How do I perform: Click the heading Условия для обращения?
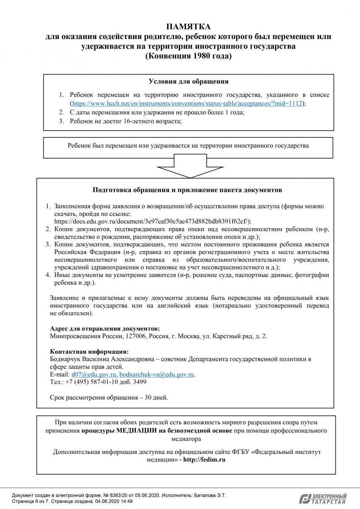tap(188, 81)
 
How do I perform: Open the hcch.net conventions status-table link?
tap(187, 103)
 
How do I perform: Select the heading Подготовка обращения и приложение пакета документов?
tap(187, 190)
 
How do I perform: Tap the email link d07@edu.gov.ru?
tap(94, 375)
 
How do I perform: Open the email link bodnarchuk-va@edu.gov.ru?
tap(157, 375)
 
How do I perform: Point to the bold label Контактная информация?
tap(89, 352)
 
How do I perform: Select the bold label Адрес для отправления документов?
tap(105, 329)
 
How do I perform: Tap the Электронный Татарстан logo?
tap(323, 499)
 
